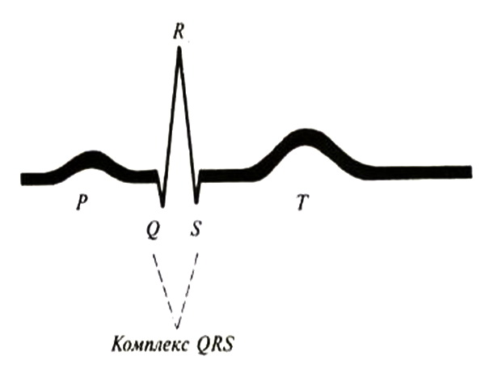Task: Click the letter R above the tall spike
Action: [178, 32]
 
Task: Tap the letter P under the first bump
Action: [81, 202]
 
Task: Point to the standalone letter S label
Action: [196, 230]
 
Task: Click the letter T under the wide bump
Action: [302, 203]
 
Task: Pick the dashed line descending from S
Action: [188, 283]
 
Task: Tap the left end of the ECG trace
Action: [24, 177]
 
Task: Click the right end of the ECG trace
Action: [468, 172]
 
